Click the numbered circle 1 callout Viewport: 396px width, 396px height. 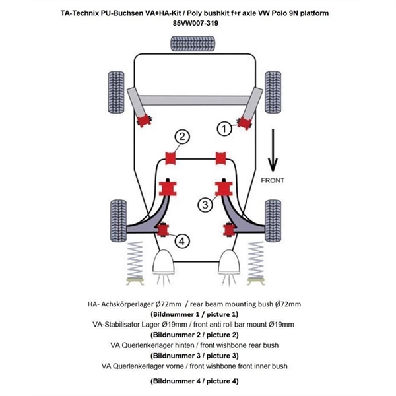(x=226, y=129)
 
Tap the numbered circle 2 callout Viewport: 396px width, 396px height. (x=181, y=137)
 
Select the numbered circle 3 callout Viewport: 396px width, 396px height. (x=206, y=205)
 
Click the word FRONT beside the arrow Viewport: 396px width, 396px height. (x=273, y=180)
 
